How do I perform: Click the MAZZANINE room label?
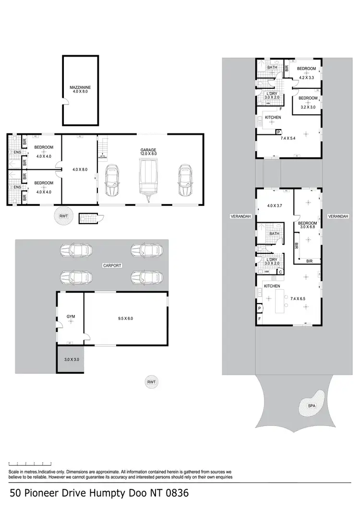pos(80,88)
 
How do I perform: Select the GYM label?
pos(71,317)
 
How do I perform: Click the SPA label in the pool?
pos(312,406)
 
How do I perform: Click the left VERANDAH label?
pos(239,217)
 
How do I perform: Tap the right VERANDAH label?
pos(338,217)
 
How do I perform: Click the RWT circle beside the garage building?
pos(63,216)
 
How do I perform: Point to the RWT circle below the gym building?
pos(152,382)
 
